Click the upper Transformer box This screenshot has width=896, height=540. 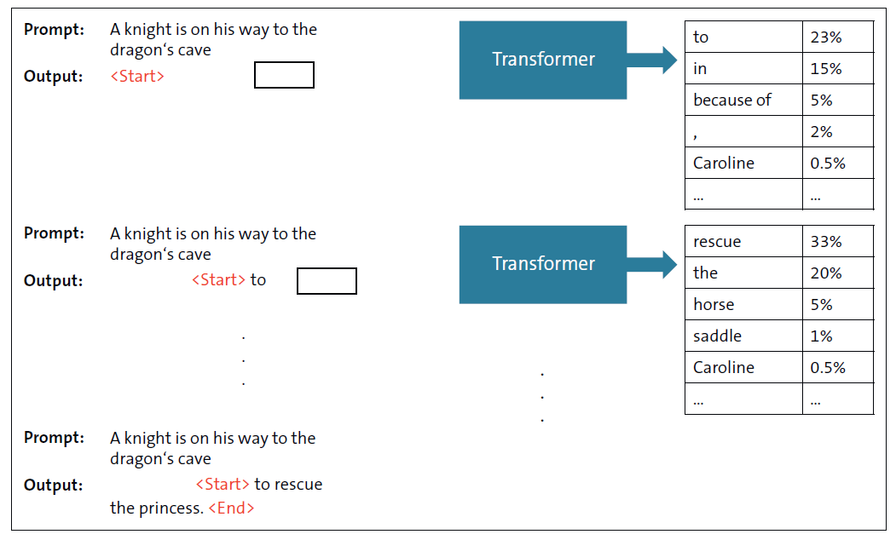pos(543,60)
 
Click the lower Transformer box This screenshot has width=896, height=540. pos(543,264)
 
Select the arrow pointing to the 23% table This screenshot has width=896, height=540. pos(652,60)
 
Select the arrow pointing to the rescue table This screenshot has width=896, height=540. pos(652,264)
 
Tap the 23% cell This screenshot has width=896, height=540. pos(837,37)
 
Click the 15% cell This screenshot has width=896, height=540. pos(837,68)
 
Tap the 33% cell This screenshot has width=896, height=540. pos(837,241)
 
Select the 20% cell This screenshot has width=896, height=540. pos(837,273)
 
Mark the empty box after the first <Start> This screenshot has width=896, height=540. pos(284,75)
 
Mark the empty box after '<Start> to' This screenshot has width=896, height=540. pos(327,281)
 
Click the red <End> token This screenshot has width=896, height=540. pos(231,508)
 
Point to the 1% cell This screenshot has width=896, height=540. pos(837,336)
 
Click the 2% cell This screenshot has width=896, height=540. pos(837,131)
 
